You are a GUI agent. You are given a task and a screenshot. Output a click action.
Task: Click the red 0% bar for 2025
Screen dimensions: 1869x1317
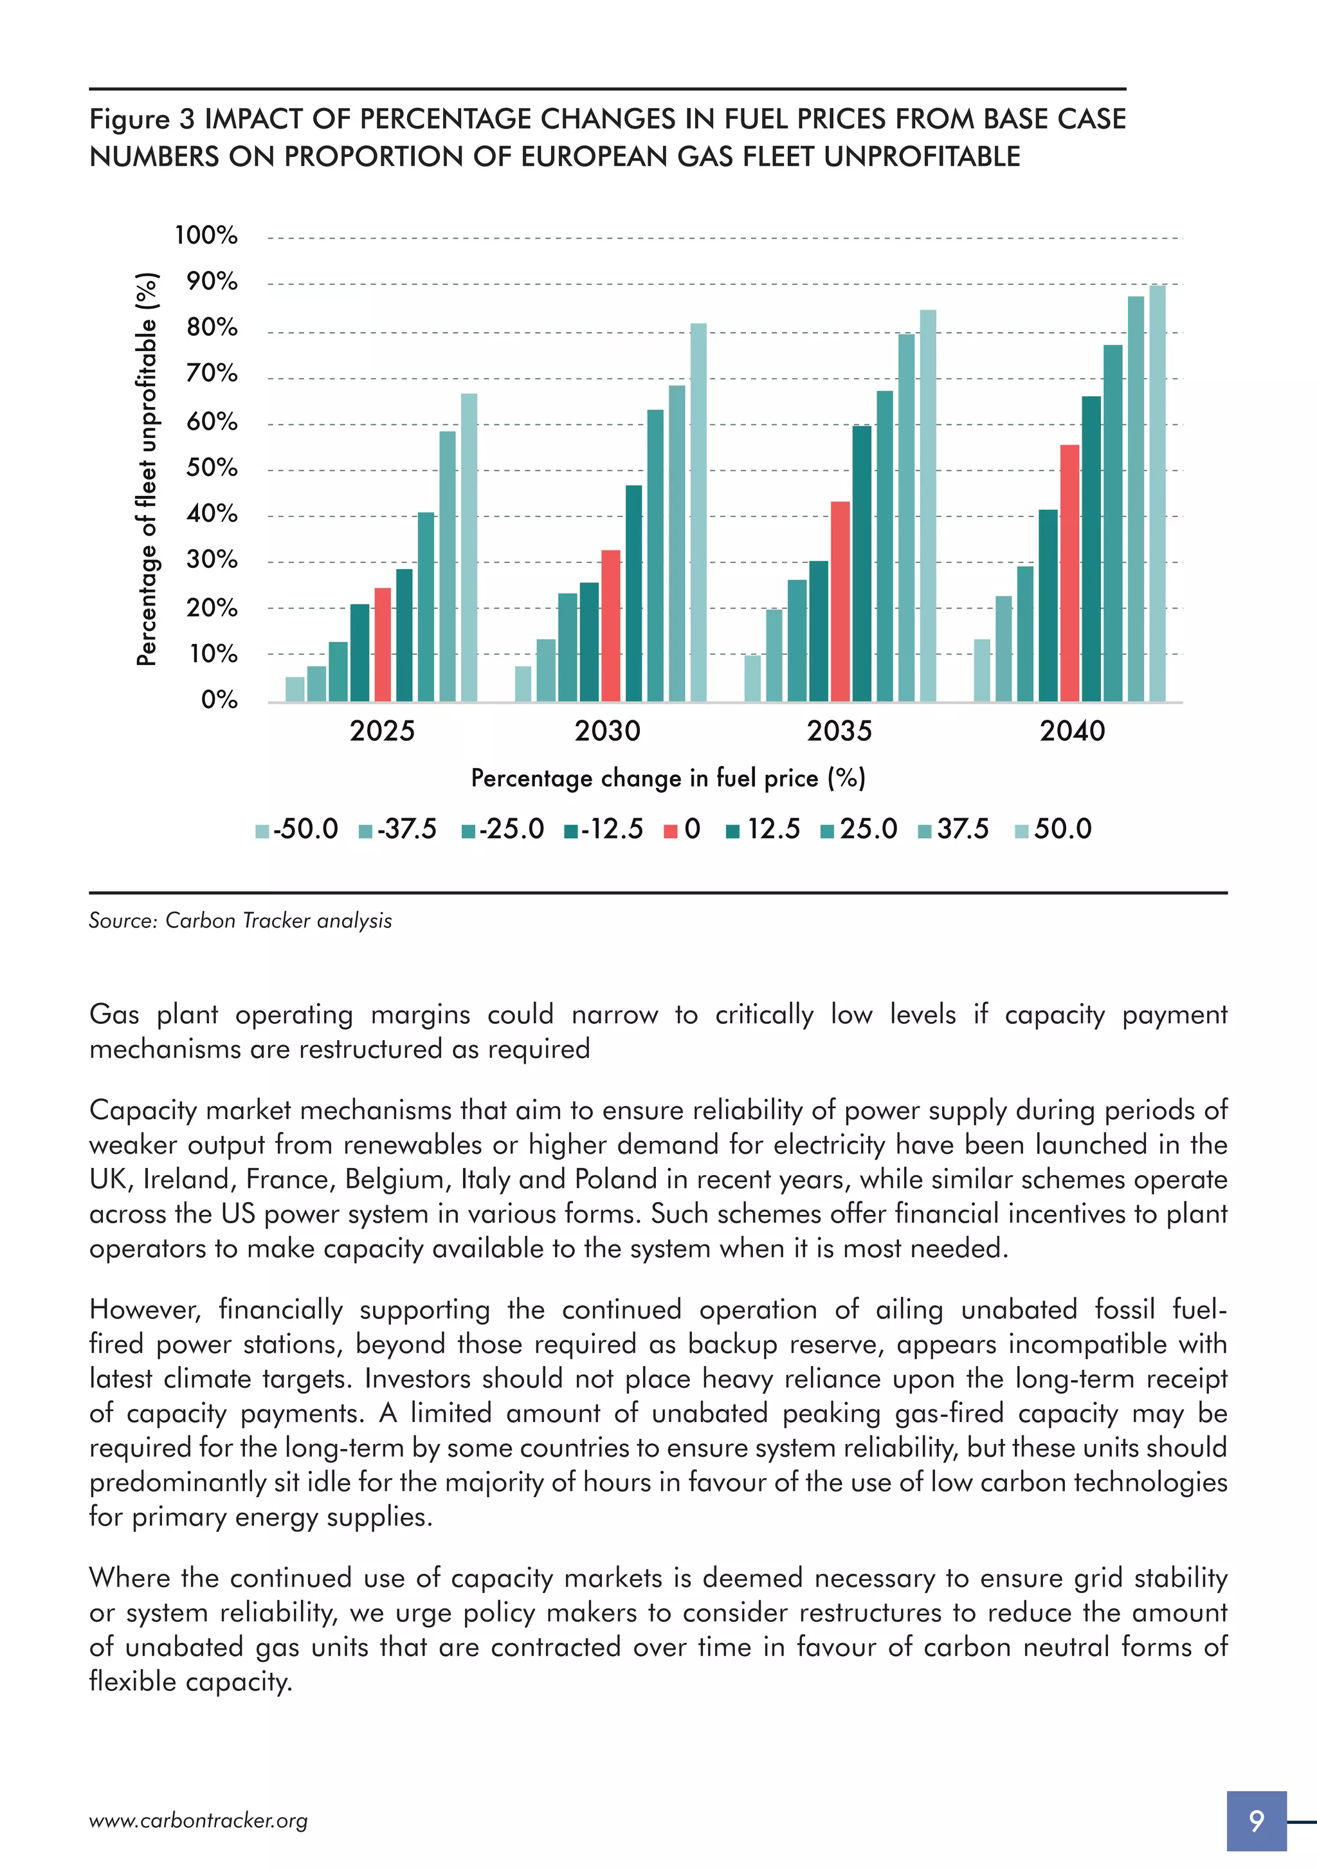tap(382, 644)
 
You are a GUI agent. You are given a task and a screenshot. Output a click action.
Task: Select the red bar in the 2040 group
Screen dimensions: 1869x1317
tap(1069, 573)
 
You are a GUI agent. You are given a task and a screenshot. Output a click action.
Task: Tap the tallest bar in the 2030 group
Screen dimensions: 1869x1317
tap(698, 512)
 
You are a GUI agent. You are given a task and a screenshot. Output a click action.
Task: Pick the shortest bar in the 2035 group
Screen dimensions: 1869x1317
tap(752, 678)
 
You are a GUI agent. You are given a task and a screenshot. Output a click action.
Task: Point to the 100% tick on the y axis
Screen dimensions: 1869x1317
tap(206, 235)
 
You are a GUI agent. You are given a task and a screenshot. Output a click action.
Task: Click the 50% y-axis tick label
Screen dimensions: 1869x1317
tap(212, 468)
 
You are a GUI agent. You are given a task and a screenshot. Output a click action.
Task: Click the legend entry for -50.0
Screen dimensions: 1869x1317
tap(297, 830)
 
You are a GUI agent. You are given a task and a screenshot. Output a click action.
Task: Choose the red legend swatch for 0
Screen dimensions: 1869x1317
tap(671, 831)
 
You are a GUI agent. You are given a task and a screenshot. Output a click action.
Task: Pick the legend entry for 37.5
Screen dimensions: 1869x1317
tap(953, 830)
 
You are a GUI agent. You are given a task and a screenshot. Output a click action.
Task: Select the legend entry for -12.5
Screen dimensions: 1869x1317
tap(603, 830)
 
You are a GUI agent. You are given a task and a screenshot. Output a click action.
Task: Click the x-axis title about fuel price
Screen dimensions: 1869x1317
tap(668, 778)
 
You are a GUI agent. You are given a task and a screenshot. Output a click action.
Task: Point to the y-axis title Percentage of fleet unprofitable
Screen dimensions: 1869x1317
tap(147, 469)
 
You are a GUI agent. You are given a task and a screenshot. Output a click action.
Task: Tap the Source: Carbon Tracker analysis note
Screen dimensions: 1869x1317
tap(240, 920)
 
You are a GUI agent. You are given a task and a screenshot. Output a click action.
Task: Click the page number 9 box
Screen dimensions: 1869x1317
tap(1256, 1820)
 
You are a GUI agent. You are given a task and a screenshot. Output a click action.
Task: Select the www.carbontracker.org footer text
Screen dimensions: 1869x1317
tap(198, 1821)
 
